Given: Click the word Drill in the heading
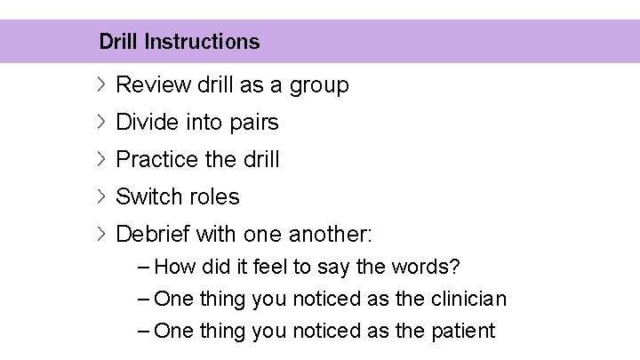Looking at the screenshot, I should [118, 42].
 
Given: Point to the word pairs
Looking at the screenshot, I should [253, 123].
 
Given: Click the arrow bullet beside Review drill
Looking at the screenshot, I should [101, 85].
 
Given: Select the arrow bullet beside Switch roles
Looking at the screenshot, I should [101, 196].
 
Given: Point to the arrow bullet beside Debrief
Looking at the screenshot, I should [101, 235].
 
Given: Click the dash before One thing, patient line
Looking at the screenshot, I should [145, 332].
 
